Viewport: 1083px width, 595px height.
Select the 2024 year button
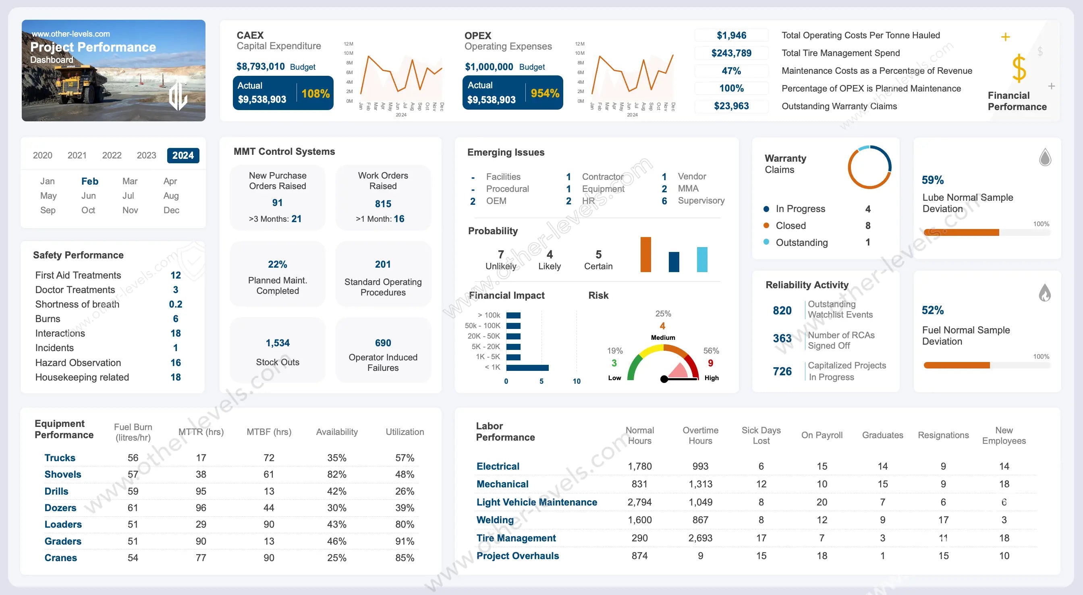point(183,155)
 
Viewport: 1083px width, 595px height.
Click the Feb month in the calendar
point(89,181)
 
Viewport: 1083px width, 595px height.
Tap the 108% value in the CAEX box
point(315,94)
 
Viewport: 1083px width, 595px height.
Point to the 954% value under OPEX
point(545,93)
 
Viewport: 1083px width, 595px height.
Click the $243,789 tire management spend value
point(731,53)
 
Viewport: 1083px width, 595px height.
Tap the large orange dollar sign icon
point(1019,68)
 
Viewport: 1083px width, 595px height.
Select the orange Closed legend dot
point(766,226)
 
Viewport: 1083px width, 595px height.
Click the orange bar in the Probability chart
point(645,255)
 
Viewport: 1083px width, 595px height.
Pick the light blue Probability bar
point(702,259)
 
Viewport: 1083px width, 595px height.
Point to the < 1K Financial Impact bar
point(527,368)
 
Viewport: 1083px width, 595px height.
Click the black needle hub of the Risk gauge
point(664,379)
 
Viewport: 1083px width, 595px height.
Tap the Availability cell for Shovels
point(337,474)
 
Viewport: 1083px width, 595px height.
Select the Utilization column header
point(405,432)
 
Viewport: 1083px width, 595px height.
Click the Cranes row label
point(60,558)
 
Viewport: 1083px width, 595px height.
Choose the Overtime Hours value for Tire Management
point(700,538)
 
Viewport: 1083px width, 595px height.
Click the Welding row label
point(495,520)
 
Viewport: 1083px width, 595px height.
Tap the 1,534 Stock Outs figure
point(278,343)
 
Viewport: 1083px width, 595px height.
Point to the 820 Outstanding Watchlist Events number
point(782,310)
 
